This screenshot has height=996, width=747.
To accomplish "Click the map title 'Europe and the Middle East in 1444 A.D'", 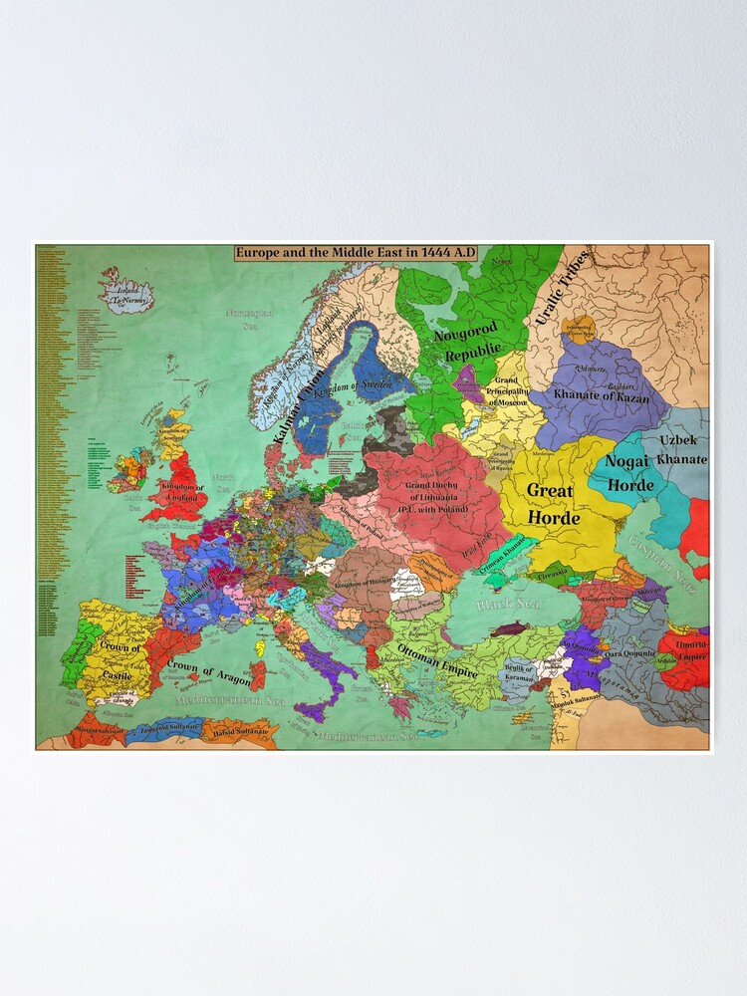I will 356,253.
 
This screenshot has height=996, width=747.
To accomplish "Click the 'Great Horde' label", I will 550,503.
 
